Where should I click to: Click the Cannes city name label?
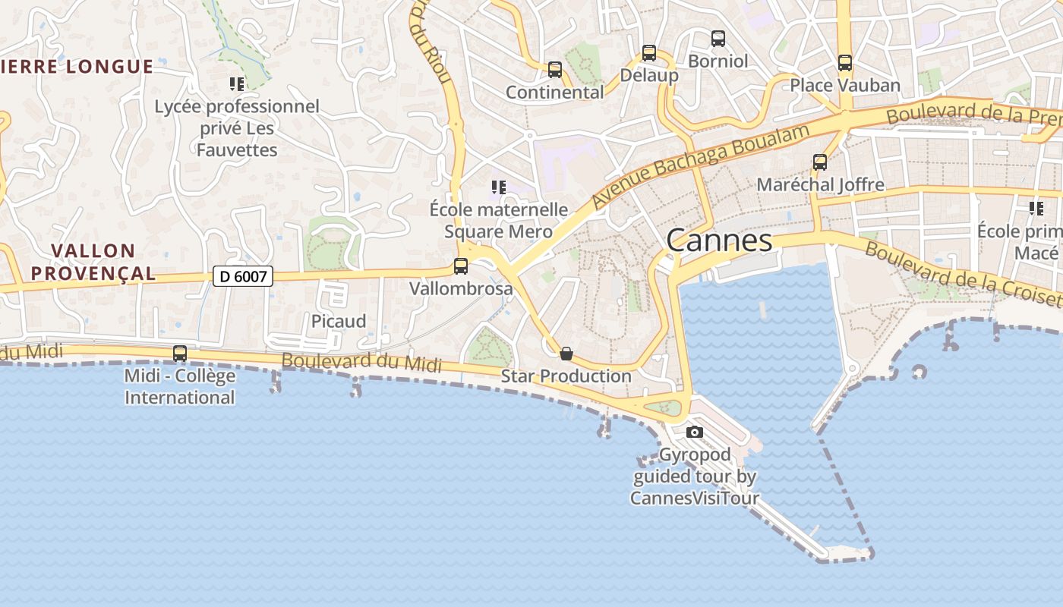tap(719, 241)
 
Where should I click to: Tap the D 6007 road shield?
tap(242, 276)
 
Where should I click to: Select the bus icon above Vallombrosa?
tap(461, 266)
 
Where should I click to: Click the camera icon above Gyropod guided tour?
tap(694, 432)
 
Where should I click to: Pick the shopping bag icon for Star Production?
tap(566, 354)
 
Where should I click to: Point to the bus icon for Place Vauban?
tap(845, 63)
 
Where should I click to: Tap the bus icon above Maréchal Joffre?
tap(820, 162)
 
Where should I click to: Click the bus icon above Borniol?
tap(718, 39)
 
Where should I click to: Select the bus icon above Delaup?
tap(649, 53)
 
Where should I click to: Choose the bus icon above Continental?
tap(555, 70)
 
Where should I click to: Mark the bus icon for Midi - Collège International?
tap(180, 354)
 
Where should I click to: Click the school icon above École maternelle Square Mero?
tap(498, 187)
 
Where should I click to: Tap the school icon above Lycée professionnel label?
tap(237, 83)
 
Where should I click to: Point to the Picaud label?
tap(339, 321)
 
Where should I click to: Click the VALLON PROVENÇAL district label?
tap(93, 262)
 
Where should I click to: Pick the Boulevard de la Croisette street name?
tap(963, 275)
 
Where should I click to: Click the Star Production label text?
tap(566, 376)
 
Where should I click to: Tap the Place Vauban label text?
tap(845, 85)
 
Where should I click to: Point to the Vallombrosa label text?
tap(461, 288)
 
